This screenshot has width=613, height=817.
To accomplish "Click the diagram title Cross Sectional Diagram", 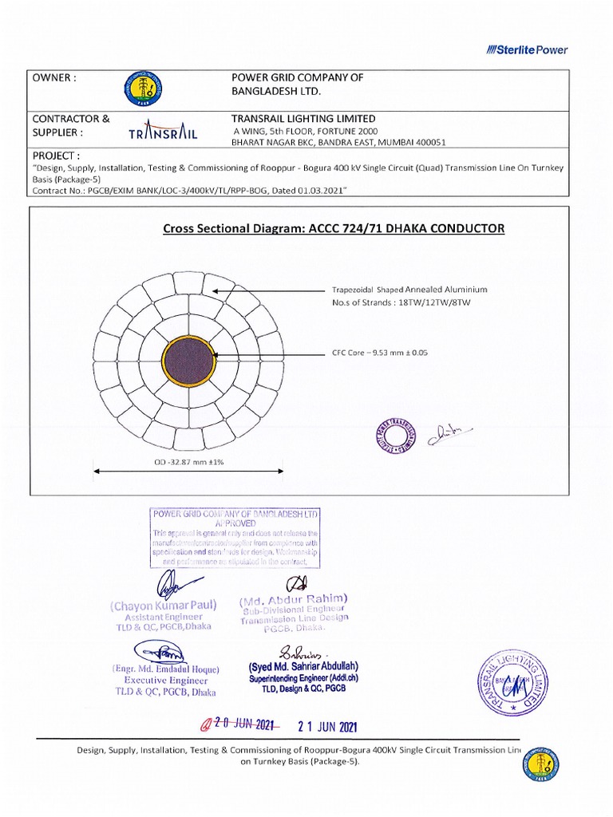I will pyautogui.click(x=334, y=229).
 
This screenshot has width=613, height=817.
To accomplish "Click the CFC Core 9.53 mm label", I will pyautogui.click(x=380, y=353).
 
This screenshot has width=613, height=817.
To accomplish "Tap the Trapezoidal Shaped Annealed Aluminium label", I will pyautogui.click(x=409, y=290).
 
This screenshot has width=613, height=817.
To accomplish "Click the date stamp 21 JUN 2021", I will pyautogui.click(x=327, y=726).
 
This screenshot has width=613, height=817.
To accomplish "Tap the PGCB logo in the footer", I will pyautogui.click(x=543, y=764).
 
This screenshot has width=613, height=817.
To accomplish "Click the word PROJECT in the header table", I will pyautogui.click(x=56, y=155).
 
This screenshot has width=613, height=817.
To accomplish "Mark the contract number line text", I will pyautogui.click(x=189, y=191).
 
